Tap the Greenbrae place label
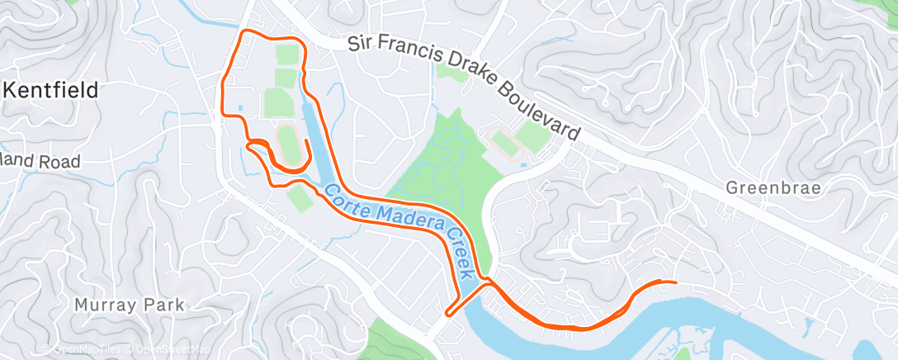(x=773, y=188)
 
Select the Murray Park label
(x=130, y=305)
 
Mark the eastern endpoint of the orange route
(x=675, y=282)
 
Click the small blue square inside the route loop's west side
(x=239, y=107)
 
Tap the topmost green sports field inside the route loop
(x=286, y=56)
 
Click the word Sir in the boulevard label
(x=358, y=41)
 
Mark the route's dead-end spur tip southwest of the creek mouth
(x=447, y=314)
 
